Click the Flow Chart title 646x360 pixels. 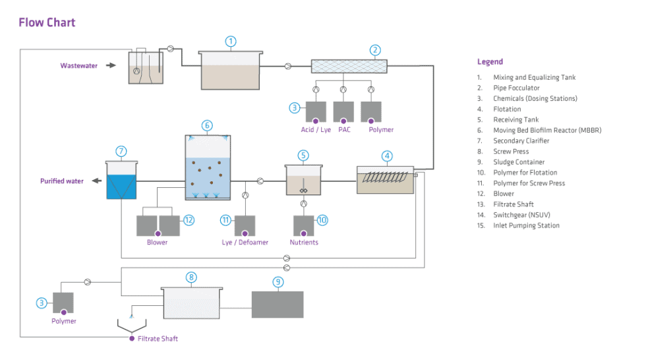(x=47, y=22)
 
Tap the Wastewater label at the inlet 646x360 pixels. (x=78, y=66)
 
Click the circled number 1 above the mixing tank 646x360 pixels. (x=231, y=42)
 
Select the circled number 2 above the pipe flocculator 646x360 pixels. (x=375, y=50)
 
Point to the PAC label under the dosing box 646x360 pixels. (x=343, y=130)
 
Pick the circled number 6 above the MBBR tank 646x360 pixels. (x=207, y=125)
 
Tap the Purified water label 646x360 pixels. (x=61, y=181)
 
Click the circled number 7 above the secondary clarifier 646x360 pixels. (x=121, y=151)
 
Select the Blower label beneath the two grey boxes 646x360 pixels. (x=157, y=243)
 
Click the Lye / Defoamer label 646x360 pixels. (x=245, y=243)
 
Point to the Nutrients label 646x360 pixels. (x=304, y=243)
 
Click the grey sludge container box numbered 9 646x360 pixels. (x=278, y=305)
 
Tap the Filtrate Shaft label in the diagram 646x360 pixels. (x=158, y=339)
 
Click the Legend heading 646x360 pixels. (x=490, y=62)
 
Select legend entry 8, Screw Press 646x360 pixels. (x=511, y=152)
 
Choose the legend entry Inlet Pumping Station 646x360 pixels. (x=526, y=225)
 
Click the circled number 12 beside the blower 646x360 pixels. (x=189, y=220)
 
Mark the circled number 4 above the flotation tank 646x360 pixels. (x=387, y=156)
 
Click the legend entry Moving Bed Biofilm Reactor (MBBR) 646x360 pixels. (x=546, y=131)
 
